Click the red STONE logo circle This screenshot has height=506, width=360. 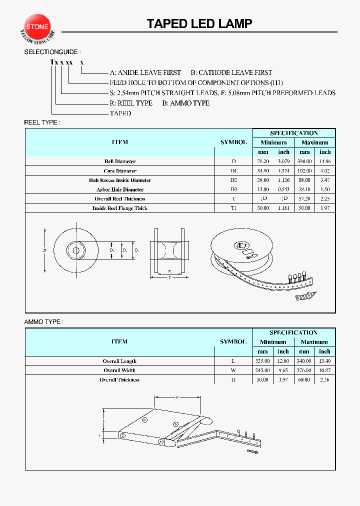point(37,25)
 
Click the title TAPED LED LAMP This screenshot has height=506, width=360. point(199,23)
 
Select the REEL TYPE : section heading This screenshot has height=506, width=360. point(42,122)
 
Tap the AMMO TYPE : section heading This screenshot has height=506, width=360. point(44,322)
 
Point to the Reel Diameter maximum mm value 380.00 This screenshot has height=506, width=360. point(304,161)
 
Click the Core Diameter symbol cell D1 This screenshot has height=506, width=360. point(233,171)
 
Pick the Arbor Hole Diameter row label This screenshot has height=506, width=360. point(120,189)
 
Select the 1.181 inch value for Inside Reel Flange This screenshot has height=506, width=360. point(283,208)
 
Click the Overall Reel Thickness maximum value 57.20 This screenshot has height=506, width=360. point(304,199)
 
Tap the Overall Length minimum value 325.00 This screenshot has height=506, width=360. point(263,361)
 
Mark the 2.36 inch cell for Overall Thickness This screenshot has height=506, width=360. point(325,380)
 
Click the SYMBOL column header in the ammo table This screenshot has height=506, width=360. point(233,342)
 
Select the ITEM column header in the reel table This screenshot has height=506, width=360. point(120,142)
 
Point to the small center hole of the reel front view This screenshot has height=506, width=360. point(76,250)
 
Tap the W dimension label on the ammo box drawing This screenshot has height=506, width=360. point(177,397)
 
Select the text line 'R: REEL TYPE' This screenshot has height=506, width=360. point(131,103)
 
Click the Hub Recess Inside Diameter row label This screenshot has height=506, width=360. point(120,180)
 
